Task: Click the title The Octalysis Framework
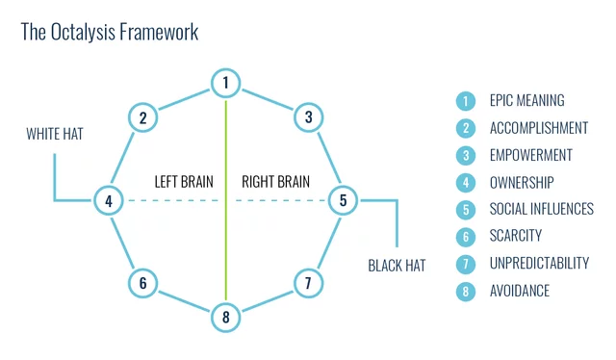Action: coord(110,32)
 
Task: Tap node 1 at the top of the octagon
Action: coord(225,84)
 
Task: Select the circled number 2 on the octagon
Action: coord(142,117)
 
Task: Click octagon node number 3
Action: coord(308,117)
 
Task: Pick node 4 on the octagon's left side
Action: coord(109,201)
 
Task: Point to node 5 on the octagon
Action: coord(344,201)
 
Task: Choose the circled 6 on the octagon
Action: coord(142,283)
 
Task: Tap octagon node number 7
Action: coord(308,283)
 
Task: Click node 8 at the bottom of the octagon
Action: coord(225,318)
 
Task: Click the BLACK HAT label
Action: coord(397,266)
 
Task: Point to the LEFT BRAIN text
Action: coord(183,181)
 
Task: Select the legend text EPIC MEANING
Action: coord(526,100)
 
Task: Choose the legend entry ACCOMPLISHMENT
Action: coord(538,127)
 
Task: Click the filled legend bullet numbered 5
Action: coord(466,209)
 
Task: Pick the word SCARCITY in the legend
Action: coord(515,236)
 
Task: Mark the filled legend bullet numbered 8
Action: coord(466,290)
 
